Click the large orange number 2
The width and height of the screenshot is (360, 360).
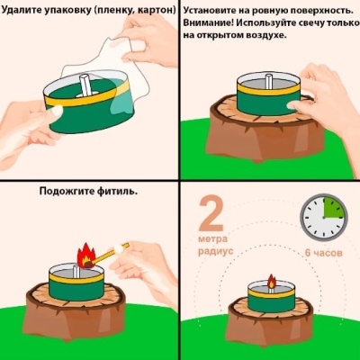tap(210, 214)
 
